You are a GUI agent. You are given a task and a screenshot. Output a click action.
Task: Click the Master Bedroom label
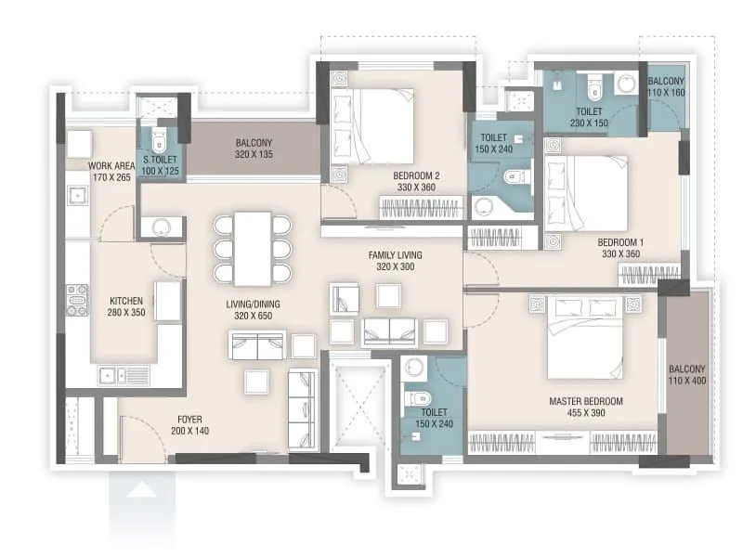point(585,401)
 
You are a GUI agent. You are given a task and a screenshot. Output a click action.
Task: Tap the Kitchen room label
point(126,302)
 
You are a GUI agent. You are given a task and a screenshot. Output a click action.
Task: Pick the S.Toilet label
point(160,159)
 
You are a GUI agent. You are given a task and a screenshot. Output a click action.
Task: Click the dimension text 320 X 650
point(253,317)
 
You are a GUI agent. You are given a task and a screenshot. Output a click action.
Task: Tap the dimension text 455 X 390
point(585,413)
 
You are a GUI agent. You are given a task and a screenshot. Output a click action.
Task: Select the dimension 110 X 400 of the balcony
point(688,381)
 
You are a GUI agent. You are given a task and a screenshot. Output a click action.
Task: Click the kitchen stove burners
point(77,300)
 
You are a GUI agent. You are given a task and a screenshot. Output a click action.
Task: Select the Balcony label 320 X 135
point(254,149)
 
